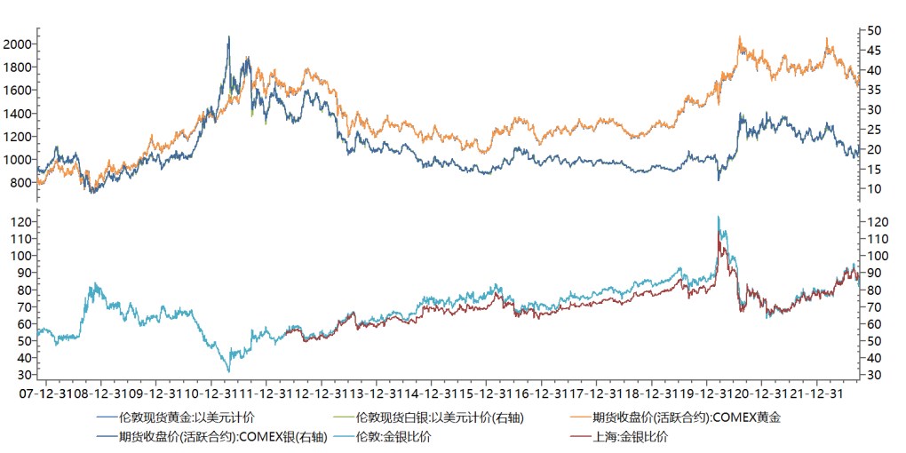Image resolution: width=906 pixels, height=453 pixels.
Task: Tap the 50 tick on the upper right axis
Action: pyautogui.click(x=874, y=30)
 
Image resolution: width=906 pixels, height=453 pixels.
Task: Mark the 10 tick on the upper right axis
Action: pyautogui.click(x=874, y=188)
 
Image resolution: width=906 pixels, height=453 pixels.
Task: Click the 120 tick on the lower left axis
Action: pyautogui.click(x=20, y=221)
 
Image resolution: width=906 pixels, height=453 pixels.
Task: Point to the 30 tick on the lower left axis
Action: pyautogui.click(x=24, y=376)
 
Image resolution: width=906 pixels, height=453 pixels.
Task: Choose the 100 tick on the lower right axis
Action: pyautogui.click(x=878, y=256)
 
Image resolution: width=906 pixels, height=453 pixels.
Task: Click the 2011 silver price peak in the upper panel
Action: pyautogui.click(x=229, y=37)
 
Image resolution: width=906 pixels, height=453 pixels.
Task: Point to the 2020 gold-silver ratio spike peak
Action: pyautogui.click(x=718, y=217)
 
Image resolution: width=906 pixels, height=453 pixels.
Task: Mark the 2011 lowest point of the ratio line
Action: pyautogui.click(x=229, y=371)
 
